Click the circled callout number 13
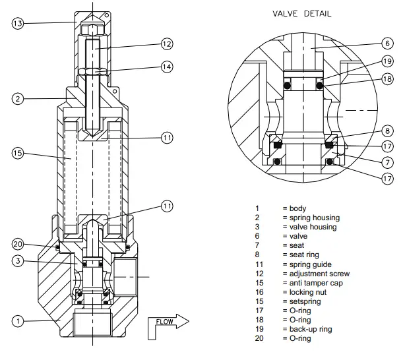tap(18, 23)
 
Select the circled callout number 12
tap(167, 44)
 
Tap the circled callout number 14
tap(167, 67)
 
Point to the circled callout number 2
tap(18, 99)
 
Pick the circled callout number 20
tap(18, 244)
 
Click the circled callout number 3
tap(18, 261)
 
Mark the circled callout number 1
tap(18, 321)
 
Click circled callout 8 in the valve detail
tap(387, 131)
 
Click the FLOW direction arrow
tap(172, 322)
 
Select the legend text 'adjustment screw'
tap(319, 274)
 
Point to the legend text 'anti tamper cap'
tap(317, 283)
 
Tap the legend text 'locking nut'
tap(308, 292)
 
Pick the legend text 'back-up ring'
tap(310, 329)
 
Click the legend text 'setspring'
tap(305, 301)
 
